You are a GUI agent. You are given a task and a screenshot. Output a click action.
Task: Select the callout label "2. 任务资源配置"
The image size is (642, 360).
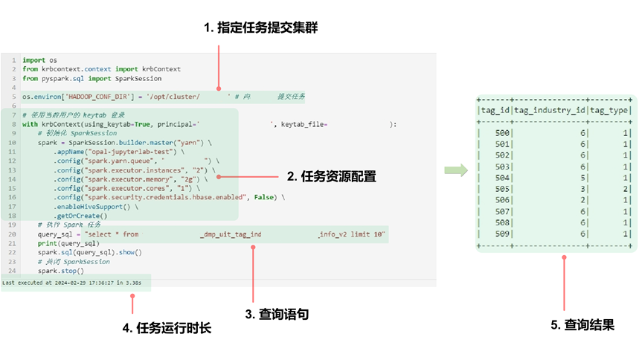coord(331,177)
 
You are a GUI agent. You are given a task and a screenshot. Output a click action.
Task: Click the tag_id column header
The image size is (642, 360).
coord(495,111)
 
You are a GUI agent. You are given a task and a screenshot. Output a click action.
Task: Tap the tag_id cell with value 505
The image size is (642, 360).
coord(502,189)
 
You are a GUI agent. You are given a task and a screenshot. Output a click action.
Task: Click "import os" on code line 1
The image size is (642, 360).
coord(39,60)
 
